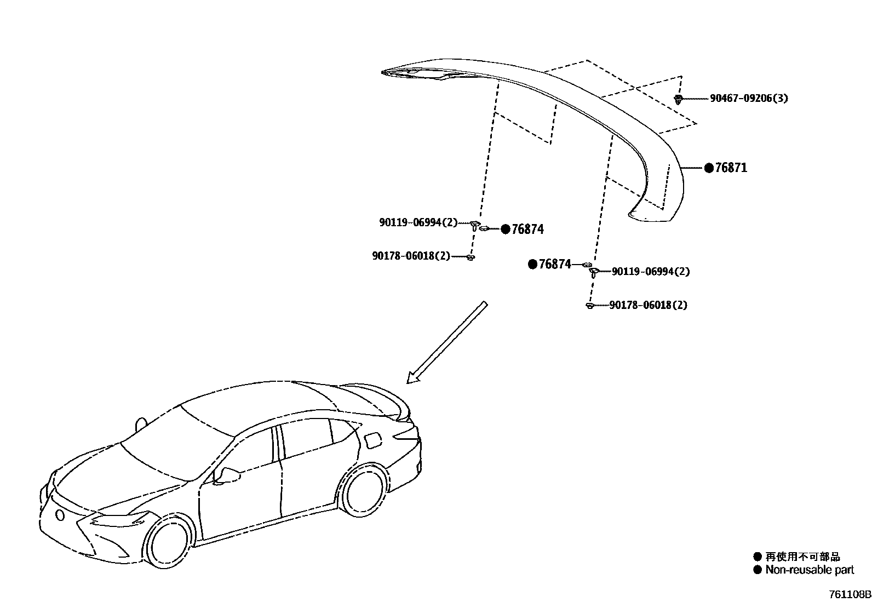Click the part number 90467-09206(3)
749,99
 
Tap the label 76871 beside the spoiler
731,168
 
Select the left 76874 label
527,230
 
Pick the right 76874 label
555,265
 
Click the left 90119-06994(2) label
418,222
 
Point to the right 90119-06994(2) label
650,272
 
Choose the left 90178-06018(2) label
410,256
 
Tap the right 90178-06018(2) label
648,305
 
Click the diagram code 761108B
849,594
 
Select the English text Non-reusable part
810,570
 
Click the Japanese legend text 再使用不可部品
802,557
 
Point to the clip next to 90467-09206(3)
679,99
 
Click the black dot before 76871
709,168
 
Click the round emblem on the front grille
59,514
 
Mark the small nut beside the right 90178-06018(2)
589,306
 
